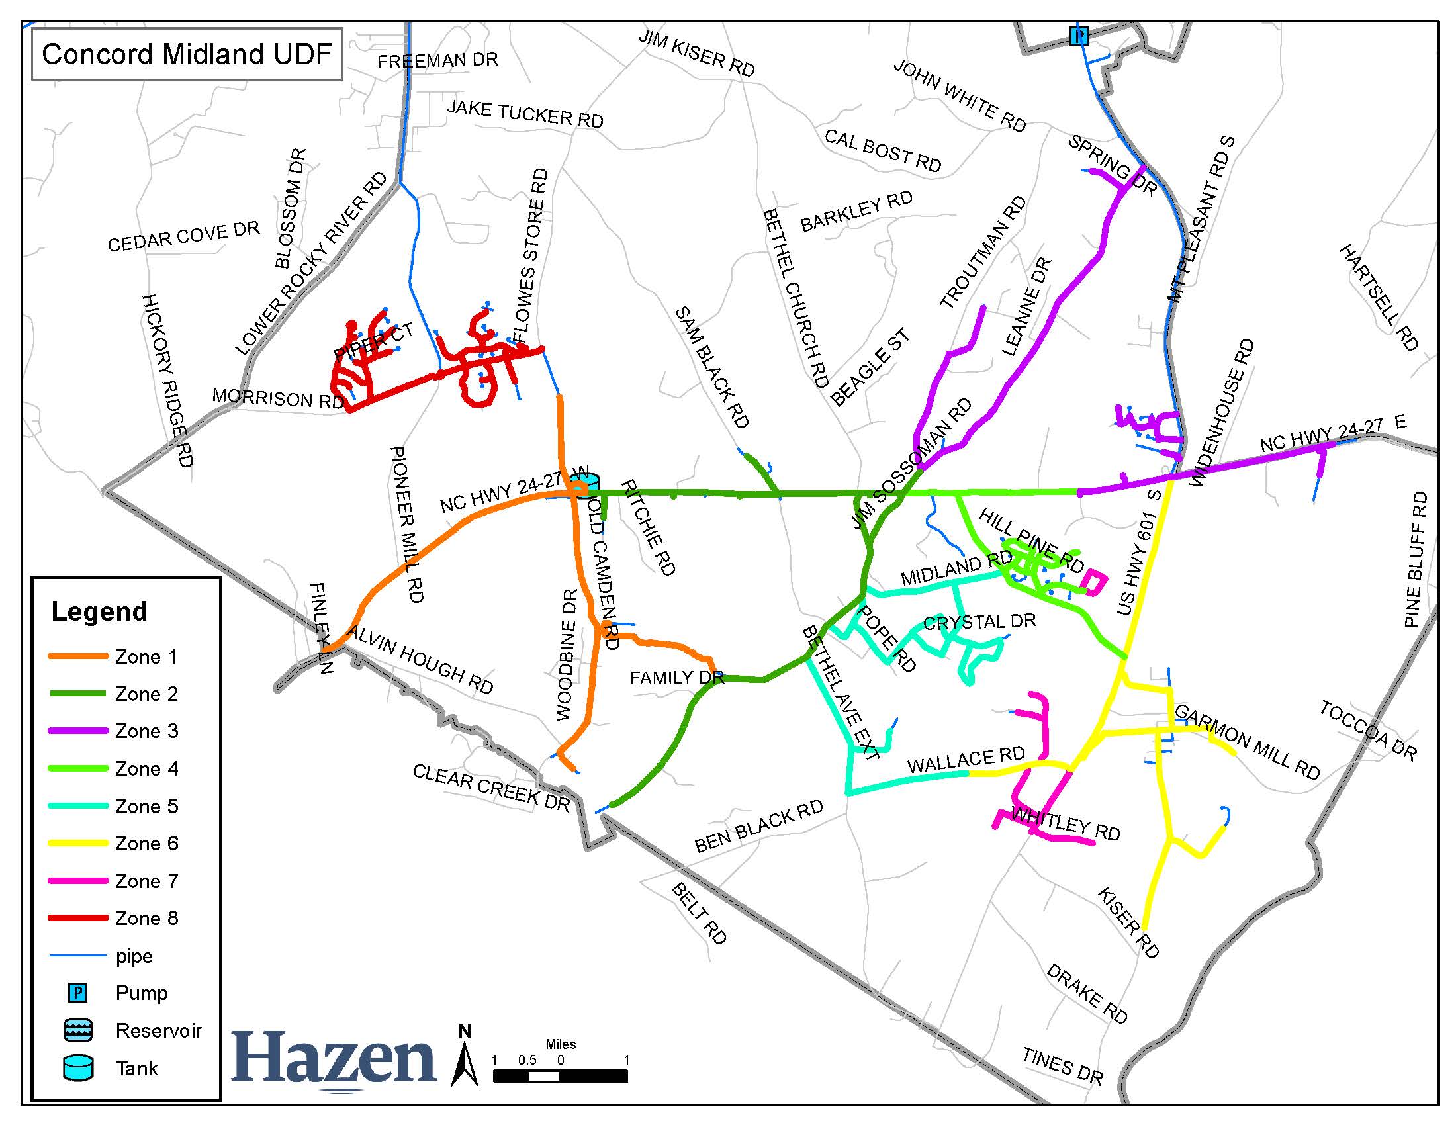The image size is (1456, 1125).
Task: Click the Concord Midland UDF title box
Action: pyautogui.click(x=187, y=54)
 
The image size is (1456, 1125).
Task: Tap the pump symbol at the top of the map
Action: pyautogui.click(x=1078, y=36)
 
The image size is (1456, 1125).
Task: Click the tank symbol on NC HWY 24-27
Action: pyautogui.click(x=584, y=485)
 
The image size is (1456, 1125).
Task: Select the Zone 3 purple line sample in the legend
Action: pyautogui.click(x=78, y=731)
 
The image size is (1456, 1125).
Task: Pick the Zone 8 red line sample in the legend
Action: pyautogui.click(x=78, y=919)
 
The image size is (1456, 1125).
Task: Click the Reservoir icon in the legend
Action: pyautogui.click(x=78, y=1030)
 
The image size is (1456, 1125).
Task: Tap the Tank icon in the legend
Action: pyautogui.click(x=78, y=1067)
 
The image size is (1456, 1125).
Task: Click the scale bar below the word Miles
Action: pyautogui.click(x=560, y=1075)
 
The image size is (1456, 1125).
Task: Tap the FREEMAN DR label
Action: pyautogui.click(x=437, y=61)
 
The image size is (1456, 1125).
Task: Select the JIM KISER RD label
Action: pyautogui.click(x=697, y=53)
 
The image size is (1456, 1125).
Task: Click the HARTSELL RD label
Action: pyautogui.click(x=1379, y=297)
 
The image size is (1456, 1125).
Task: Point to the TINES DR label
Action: pyautogui.click(x=1063, y=1065)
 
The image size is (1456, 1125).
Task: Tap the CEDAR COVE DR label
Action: pyautogui.click(x=183, y=237)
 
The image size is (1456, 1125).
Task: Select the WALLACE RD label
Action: pyautogui.click(x=966, y=760)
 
